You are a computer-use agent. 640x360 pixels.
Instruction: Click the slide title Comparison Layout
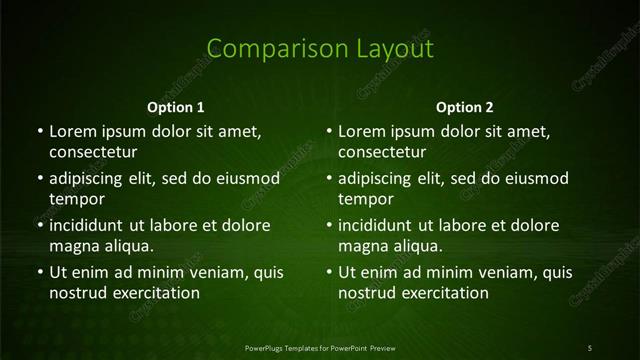(320, 49)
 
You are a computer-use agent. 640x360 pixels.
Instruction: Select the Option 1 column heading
(176, 107)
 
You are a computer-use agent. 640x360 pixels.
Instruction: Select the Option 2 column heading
(465, 107)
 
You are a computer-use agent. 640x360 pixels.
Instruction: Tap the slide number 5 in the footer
(590, 347)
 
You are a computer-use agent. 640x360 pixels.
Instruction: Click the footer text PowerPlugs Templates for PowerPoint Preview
(320, 347)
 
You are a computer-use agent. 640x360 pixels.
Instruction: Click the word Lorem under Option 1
(72, 131)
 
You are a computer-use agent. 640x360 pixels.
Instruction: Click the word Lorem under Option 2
(362, 131)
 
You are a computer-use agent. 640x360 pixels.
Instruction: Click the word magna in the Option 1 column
(73, 247)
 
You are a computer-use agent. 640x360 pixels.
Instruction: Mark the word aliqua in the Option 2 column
(418, 247)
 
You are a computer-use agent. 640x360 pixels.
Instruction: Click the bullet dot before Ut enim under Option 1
(39, 272)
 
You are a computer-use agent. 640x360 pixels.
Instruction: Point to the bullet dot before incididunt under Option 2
(329, 225)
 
